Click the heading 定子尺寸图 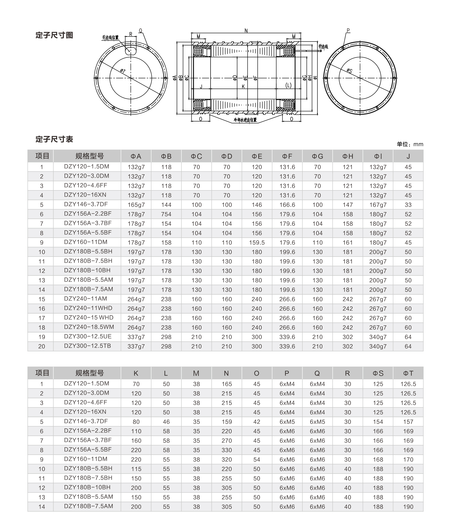click(54, 35)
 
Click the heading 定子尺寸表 click(54, 139)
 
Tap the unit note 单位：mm click(410, 144)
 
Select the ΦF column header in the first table click(287, 156)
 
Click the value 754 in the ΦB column click(166, 214)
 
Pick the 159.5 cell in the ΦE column click(257, 242)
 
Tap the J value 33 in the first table click(408, 205)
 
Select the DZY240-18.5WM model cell click(89, 327)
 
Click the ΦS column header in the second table click(378, 373)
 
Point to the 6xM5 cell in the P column click(287, 422)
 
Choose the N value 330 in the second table click(227, 450)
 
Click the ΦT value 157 click(408, 422)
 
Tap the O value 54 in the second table click(257, 459)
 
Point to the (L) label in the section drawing click(288, 85)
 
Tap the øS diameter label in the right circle click(349, 71)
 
